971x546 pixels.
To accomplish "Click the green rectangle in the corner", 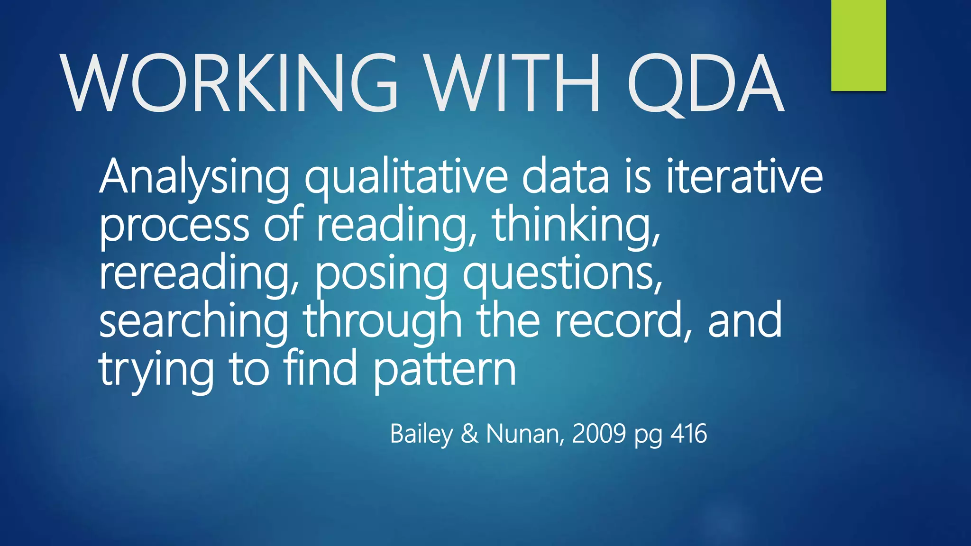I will [x=858, y=45].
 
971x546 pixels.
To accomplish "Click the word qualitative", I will [x=406, y=178].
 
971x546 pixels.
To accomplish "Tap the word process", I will [x=174, y=227].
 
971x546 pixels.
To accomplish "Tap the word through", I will [x=382, y=322].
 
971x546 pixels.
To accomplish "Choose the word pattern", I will [x=444, y=371].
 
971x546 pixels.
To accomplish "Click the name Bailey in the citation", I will [x=421, y=434].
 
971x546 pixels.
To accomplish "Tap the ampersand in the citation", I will [x=469, y=434].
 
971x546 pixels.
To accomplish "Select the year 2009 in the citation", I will [x=599, y=434].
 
